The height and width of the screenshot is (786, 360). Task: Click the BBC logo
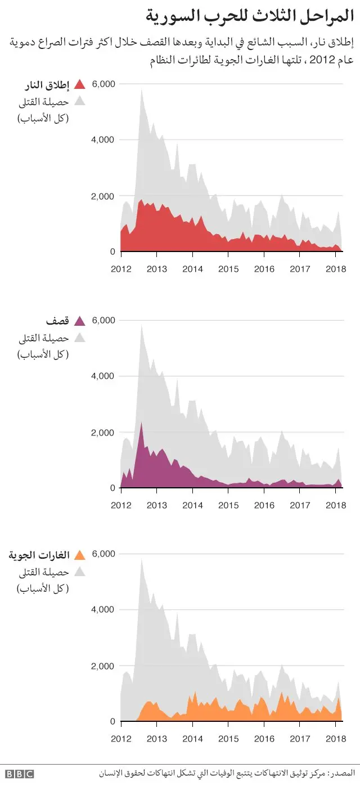[x=20, y=774]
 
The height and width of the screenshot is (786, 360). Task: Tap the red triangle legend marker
[x=79, y=85]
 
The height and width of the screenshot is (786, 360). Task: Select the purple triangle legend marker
[x=79, y=321]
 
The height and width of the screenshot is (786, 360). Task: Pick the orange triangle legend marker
[x=79, y=555]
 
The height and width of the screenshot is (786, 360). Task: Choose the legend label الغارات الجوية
[x=39, y=555]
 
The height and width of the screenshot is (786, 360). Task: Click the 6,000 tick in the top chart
[x=103, y=84]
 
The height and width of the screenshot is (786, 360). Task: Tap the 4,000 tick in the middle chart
[x=103, y=376]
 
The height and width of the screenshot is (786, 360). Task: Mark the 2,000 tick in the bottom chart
[x=103, y=666]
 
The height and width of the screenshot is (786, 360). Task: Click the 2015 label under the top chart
[x=228, y=269]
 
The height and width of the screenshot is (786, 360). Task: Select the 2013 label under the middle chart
[x=157, y=505]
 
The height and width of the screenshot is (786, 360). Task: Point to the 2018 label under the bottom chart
[x=336, y=738]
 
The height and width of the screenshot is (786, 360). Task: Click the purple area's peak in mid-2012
[x=141, y=423]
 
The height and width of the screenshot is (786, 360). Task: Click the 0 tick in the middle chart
[x=112, y=488]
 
